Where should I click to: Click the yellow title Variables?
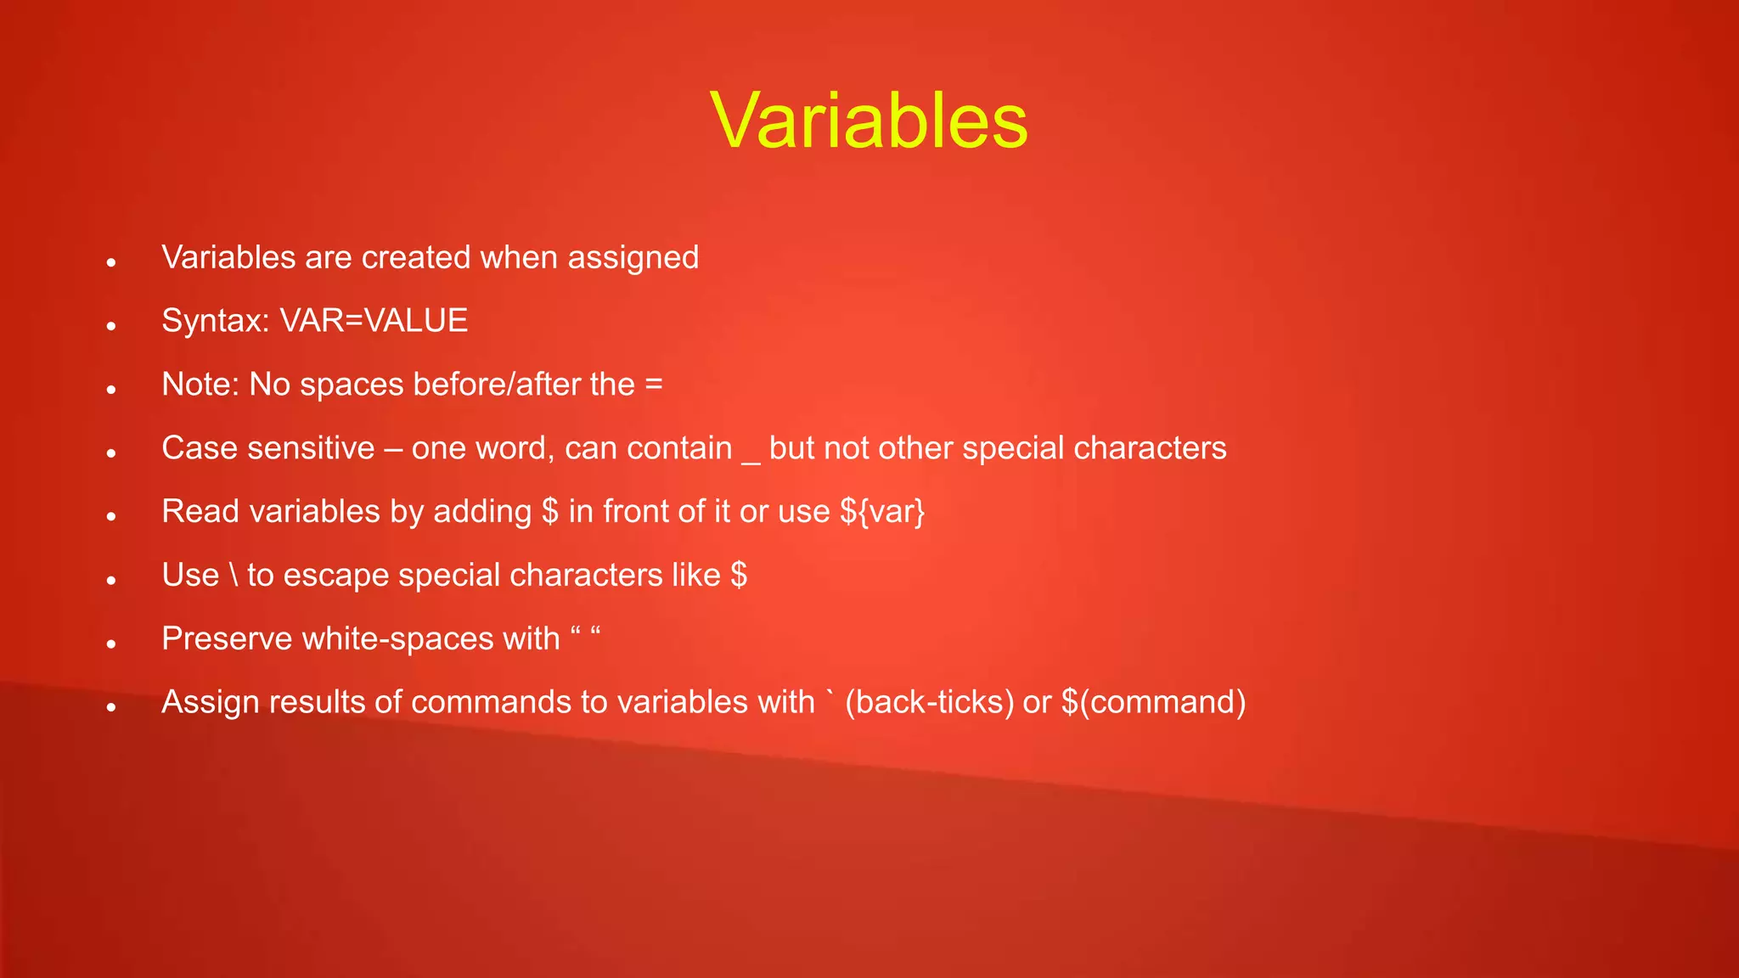tap(869, 121)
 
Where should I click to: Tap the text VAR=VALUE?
tap(374, 321)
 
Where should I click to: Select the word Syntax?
tap(216, 322)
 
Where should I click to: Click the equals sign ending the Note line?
tap(653, 385)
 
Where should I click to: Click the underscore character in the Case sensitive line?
tap(751, 459)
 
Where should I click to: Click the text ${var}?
tap(882, 512)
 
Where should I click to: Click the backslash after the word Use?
tap(234, 576)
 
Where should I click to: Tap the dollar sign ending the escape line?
tap(738, 576)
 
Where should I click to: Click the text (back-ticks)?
tap(929, 702)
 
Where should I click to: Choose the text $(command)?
tap(1153, 702)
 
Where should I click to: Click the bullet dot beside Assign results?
tap(111, 707)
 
